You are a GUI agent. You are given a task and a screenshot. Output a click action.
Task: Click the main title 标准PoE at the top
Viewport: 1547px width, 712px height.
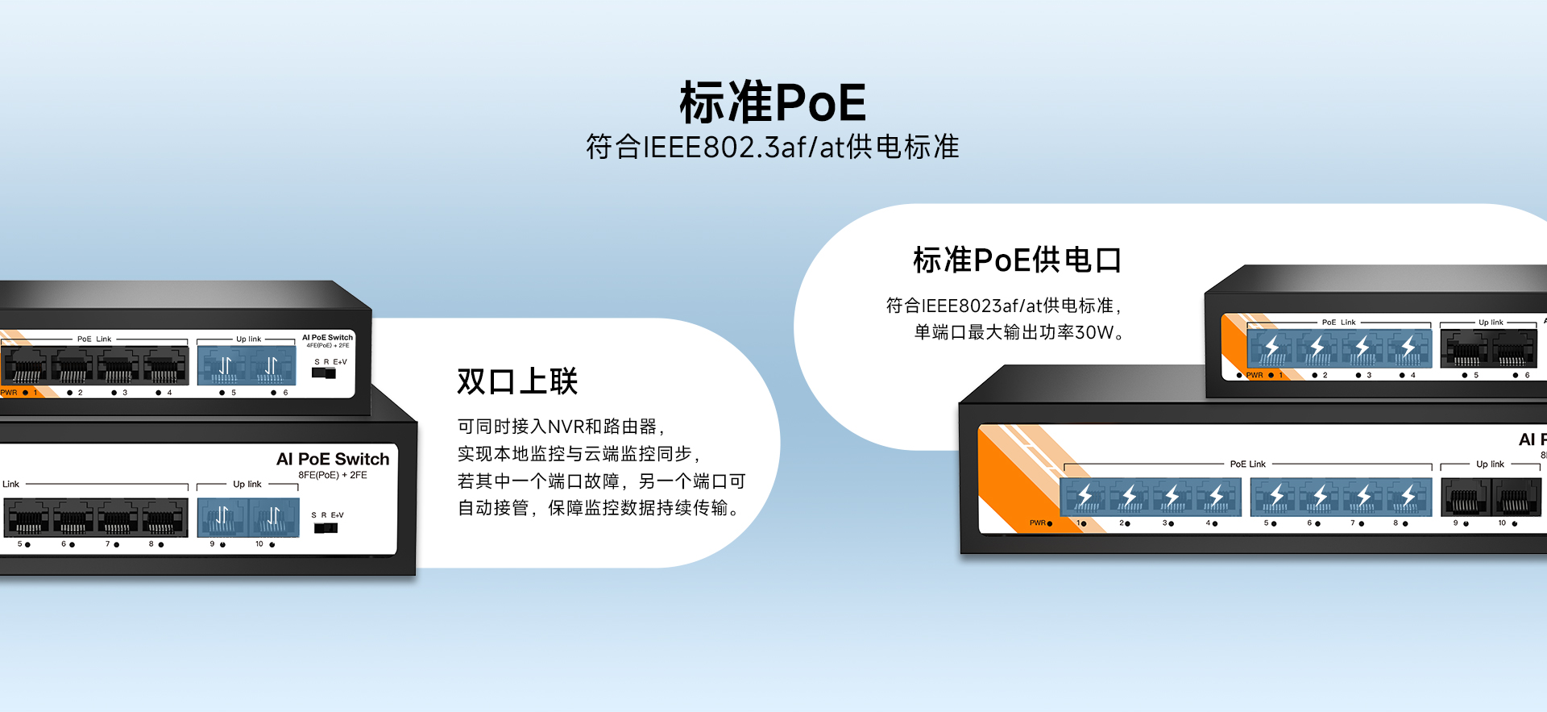773,102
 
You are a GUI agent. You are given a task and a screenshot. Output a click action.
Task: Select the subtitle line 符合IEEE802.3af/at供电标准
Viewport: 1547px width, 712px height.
773,147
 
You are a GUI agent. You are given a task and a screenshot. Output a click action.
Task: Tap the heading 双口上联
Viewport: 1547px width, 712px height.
517,381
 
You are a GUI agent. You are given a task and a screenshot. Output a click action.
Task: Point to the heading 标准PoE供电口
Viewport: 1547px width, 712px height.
1017,260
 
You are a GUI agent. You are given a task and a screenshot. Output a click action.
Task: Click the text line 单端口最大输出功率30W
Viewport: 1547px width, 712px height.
1019,332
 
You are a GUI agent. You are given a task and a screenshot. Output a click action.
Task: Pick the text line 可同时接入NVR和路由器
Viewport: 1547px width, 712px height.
561,427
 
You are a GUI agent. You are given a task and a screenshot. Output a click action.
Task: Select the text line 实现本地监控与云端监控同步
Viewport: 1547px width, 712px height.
579,454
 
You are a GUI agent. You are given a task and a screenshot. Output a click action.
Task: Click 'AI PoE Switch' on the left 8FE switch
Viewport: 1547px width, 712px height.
333,459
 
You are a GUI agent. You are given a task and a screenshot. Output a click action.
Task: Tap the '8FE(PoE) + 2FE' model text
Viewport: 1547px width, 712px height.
333,475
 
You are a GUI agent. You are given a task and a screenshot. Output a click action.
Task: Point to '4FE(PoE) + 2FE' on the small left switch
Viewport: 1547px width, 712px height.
328,345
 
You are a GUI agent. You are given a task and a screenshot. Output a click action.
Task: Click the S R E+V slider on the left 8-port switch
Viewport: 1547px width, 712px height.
326,528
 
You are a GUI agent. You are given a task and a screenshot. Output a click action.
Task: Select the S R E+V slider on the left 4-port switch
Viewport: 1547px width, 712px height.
323,373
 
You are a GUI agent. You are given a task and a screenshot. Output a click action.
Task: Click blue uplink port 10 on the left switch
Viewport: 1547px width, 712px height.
274,518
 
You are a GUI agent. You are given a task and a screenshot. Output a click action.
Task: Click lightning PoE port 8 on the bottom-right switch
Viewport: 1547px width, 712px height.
1409,497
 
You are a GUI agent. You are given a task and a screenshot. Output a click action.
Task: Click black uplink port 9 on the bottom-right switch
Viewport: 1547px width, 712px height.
1466,497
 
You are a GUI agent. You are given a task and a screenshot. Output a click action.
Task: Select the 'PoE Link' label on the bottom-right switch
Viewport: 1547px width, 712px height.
1247,464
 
